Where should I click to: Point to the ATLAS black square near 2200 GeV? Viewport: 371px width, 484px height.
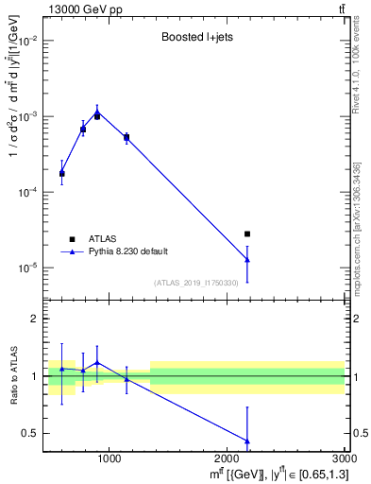(x=247, y=233)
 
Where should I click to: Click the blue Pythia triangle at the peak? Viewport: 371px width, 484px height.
(x=97, y=112)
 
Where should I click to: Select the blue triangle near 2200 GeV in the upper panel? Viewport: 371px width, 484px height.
(x=247, y=259)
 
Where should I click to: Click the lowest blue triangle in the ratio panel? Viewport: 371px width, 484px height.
(x=247, y=441)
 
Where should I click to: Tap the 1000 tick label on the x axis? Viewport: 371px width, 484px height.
(x=109, y=460)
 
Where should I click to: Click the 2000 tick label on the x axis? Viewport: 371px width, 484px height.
(x=227, y=460)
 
